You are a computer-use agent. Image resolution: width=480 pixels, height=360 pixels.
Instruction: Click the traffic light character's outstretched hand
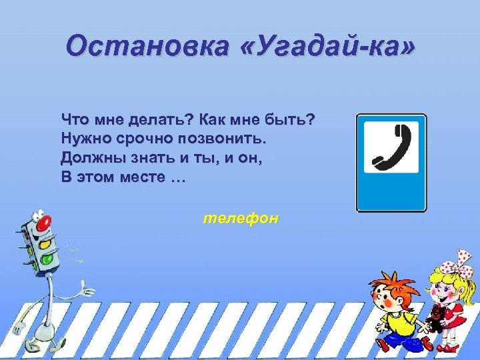(87, 288)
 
